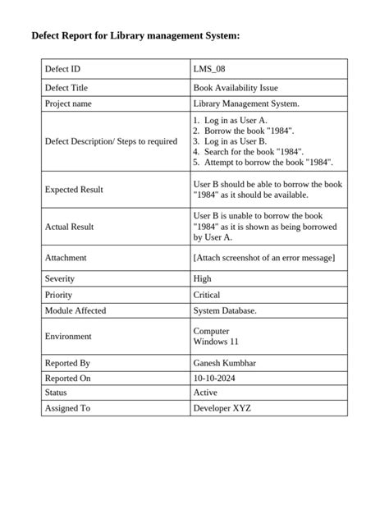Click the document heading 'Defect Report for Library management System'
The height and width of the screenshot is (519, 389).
click(x=135, y=37)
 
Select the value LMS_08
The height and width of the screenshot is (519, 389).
click(x=208, y=70)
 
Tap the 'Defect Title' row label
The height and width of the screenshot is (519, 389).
click(x=66, y=87)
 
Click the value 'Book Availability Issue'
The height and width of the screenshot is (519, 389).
click(x=235, y=87)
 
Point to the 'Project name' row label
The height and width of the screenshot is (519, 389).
click(x=68, y=104)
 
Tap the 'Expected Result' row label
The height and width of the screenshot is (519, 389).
click(x=74, y=190)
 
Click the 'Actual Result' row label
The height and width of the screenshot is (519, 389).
click(x=70, y=226)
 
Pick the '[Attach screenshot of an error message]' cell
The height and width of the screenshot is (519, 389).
click(x=263, y=258)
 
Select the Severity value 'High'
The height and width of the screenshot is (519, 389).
click(x=202, y=279)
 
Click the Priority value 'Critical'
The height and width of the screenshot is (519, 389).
click(x=207, y=295)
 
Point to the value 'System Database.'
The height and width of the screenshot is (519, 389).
click(x=225, y=311)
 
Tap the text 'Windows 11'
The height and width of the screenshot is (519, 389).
click(x=215, y=342)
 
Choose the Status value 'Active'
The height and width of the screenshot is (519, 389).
click(x=205, y=393)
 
